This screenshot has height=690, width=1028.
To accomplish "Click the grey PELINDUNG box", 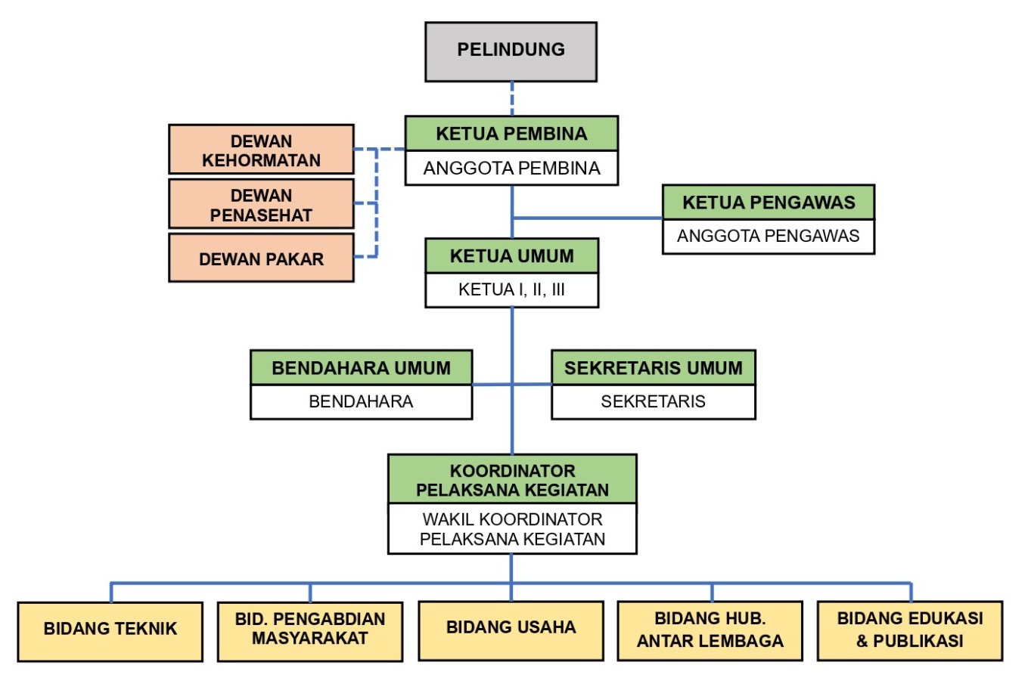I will coord(511,51).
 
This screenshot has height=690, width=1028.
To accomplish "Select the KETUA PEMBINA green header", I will coord(511,134).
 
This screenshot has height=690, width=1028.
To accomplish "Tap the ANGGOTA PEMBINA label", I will coord(511,168).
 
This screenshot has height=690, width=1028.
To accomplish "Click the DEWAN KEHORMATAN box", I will coord(261,150).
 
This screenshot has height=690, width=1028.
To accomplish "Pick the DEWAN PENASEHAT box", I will coord(261,204).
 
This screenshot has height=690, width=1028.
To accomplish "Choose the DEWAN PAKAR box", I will coord(261,258).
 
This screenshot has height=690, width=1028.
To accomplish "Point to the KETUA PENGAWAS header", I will coord(769,203).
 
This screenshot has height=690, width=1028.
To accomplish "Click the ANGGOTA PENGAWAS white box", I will coord(769,236).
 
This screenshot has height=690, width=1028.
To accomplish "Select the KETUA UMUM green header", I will coord(511,256).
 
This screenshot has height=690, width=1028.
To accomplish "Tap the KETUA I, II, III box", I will coord(511,289).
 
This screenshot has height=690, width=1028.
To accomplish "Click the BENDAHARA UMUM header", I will coord(361,368).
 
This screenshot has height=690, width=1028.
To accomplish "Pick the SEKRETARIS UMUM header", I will coord(654,368).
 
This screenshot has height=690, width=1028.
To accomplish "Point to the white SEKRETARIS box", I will coord(654,401).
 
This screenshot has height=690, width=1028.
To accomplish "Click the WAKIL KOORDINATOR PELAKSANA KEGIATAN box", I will coord(512,529).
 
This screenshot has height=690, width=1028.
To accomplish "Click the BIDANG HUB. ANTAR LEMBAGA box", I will coord(710,630).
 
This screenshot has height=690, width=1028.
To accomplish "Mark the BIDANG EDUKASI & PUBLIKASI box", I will coord(910,630).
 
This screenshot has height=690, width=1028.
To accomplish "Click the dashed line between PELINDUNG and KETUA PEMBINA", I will coord(512,98).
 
